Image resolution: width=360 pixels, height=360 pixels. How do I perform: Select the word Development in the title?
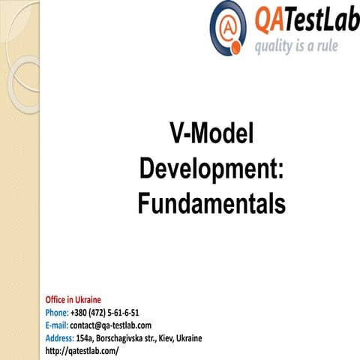click(206, 169)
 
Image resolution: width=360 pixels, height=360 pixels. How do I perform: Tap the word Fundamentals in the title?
click(211, 202)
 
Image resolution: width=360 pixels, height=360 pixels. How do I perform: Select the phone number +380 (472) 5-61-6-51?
click(105, 313)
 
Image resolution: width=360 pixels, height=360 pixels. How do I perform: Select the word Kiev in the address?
click(174, 338)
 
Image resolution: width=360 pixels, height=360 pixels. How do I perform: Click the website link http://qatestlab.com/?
click(82, 351)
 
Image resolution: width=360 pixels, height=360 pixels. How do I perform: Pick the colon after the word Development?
click(280, 170)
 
